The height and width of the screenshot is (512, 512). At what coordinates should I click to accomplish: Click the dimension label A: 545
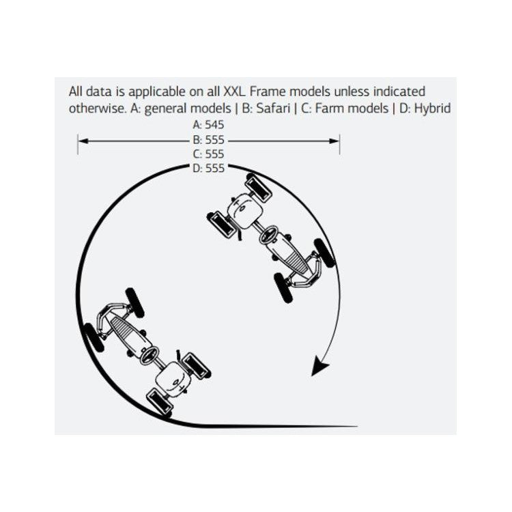209,125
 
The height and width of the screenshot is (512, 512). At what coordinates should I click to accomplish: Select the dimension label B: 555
209,140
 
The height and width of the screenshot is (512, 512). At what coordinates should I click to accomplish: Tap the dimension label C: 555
209,154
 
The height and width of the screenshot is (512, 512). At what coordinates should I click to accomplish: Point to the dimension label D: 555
209,169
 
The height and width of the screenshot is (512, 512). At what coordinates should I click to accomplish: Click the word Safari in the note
273,109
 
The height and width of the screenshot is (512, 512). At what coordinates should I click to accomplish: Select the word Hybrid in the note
432,109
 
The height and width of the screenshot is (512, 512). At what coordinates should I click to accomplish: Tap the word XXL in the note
233,91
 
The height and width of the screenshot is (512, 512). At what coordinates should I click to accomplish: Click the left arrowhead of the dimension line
83,141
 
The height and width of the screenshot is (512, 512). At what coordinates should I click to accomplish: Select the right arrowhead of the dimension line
335,141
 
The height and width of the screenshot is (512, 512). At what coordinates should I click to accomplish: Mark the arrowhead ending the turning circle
319,365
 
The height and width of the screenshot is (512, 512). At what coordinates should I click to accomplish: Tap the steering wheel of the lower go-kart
150,356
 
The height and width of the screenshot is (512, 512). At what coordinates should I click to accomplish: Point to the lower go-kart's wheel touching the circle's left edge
94,337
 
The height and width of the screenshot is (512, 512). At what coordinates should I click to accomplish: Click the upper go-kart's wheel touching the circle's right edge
324,253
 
